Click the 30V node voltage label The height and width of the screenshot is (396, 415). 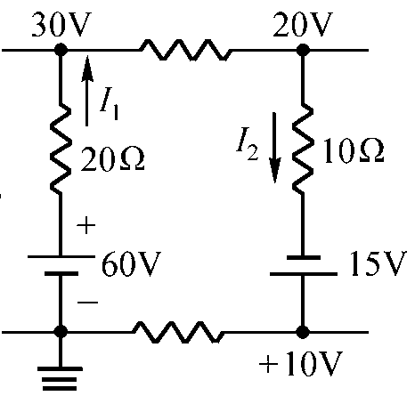[61, 25]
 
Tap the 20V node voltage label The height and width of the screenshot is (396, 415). [303, 24]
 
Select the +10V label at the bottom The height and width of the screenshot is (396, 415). [301, 364]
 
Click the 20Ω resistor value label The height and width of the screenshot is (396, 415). [112, 159]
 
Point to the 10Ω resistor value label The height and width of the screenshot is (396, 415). [354, 150]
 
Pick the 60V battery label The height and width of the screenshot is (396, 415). [131, 263]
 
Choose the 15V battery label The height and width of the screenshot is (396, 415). [378, 263]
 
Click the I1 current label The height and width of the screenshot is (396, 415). [110, 107]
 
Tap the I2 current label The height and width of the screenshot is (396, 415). [248, 144]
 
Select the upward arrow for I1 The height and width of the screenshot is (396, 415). [86, 91]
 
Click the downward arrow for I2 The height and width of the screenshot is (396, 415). [274, 148]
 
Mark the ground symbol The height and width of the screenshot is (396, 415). [61, 379]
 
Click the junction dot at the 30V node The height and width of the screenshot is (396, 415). [61, 50]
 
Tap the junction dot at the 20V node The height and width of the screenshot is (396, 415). [303, 50]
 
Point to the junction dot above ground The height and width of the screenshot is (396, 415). [61, 332]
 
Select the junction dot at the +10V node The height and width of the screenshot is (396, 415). [303, 332]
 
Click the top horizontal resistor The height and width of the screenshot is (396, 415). [186, 50]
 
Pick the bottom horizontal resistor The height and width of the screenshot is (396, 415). [178, 332]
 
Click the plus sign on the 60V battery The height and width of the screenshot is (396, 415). [86, 225]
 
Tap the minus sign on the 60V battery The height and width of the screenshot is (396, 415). [87, 303]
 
